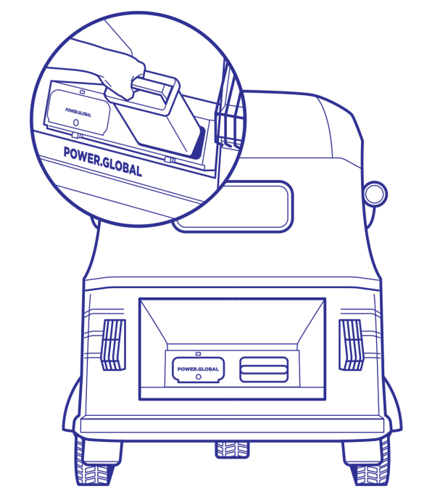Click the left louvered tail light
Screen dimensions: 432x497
point(113,345)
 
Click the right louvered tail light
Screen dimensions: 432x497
point(351,345)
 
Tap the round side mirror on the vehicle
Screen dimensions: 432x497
point(375,194)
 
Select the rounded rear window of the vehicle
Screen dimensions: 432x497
point(233,206)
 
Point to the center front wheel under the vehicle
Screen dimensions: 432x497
point(232,450)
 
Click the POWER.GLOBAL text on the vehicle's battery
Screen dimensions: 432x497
point(198,369)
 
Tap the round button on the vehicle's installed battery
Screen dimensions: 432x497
point(199,377)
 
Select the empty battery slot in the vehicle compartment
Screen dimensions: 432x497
point(264,369)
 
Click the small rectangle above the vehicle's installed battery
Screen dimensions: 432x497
point(199,353)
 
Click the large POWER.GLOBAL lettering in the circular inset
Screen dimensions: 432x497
point(103,162)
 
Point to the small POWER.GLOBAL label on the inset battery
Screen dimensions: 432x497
point(78,112)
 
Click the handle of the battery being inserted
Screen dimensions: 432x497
point(151,92)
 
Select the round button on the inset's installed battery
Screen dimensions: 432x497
point(75,123)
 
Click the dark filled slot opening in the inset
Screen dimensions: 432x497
point(198,143)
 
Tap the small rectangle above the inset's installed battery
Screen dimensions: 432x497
point(83,92)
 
